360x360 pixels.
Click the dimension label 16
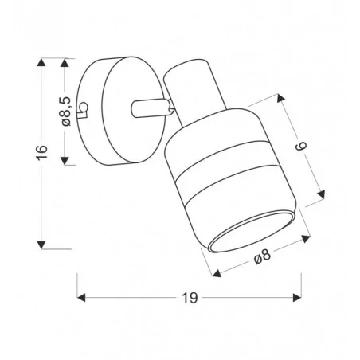pyautogui.click(x=41, y=152)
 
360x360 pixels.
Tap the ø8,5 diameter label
pyautogui.click(x=66, y=112)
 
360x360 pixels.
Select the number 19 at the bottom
pyautogui.click(x=190, y=298)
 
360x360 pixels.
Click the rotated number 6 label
pyautogui.click(x=302, y=146)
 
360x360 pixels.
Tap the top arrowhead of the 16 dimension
pyautogui.click(x=41, y=62)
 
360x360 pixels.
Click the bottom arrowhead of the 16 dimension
pyautogui.click(x=41, y=245)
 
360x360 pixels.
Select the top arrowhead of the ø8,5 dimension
pyautogui.click(x=65, y=62)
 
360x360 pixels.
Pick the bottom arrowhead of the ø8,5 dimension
pyautogui.click(x=65, y=160)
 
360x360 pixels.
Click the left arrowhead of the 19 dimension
pyautogui.click(x=81, y=298)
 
